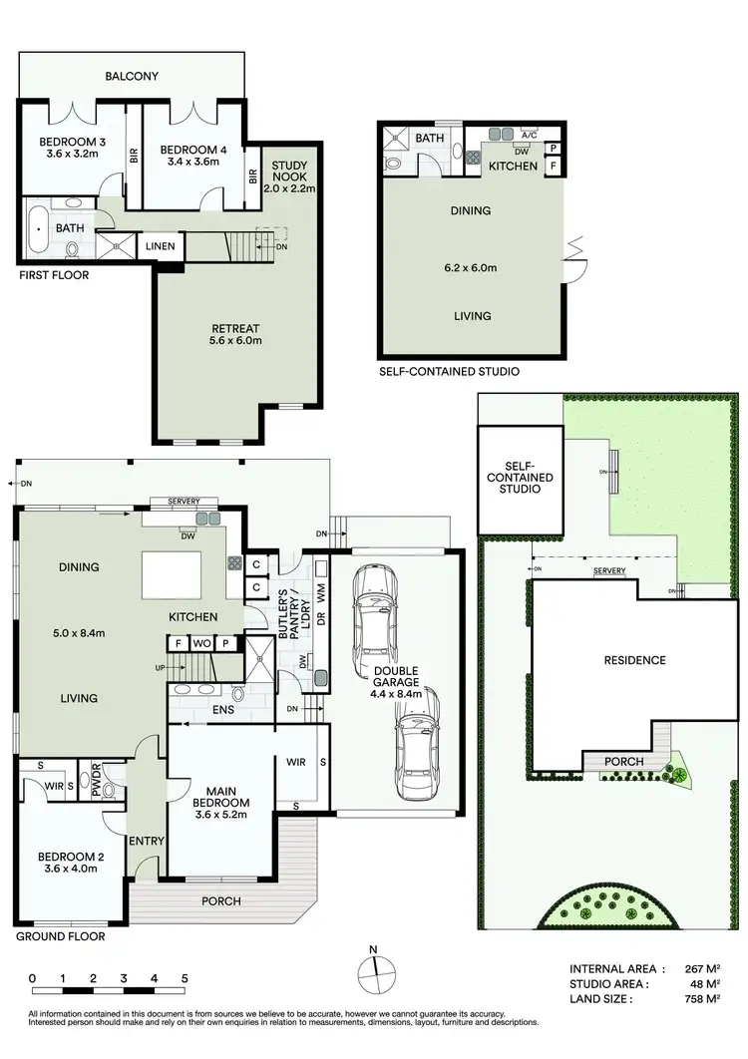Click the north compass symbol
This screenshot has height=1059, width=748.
[x=373, y=966]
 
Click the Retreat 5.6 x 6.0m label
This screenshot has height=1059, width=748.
[x=235, y=335]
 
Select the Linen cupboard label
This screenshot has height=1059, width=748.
[x=162, y=246]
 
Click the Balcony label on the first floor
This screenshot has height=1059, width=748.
[x=134, y=77]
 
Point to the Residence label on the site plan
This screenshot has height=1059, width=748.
[x=633, y=660]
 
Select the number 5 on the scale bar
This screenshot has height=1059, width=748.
[x=185, y=978]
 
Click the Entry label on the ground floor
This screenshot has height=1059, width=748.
[x=146, y=841]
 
